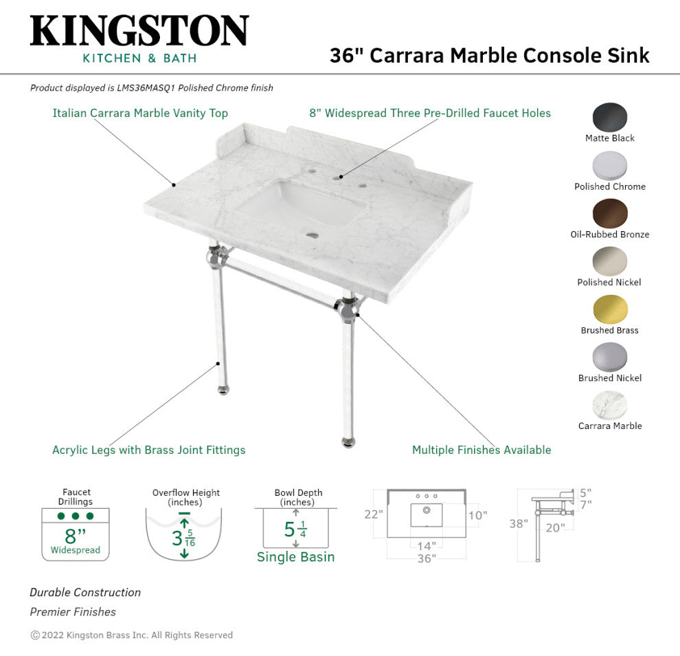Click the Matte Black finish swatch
pos(610,117)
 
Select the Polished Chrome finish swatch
pos(610,166)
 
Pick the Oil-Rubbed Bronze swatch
pos(610,213)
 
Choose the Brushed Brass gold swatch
pos(610,309)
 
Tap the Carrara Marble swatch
pos(610,405)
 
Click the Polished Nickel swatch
pos(610,261)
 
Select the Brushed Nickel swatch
pos(610,358)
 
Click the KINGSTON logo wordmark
pos(139,32)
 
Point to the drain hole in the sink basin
pos(313,235)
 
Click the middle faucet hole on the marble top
pos(338,176)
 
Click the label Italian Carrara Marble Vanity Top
pos(140,113)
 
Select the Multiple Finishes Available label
pos(481,450)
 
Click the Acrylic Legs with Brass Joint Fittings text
pos(149,450)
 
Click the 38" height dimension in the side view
pos(518,524)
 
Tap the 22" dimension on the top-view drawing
pos(373,514)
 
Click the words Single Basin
pos(295,557)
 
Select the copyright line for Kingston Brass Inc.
pos(132,635)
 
